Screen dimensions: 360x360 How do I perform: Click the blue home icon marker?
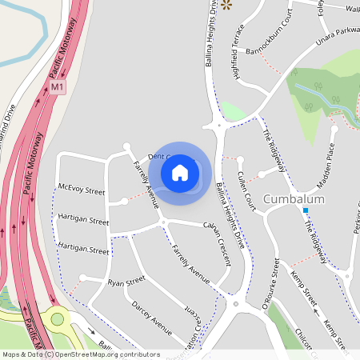coord(180,172)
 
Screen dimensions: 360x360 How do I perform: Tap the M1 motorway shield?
coord(56,86)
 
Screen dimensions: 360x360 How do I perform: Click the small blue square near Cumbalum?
coord(305,210)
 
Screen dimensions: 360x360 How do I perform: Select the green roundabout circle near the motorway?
coord(57,319)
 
